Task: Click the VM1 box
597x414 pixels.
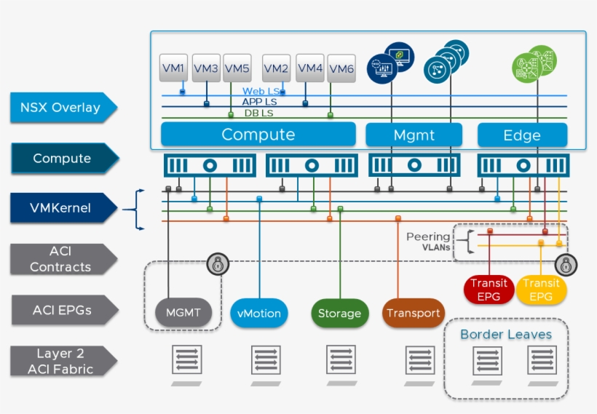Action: click(174, 68)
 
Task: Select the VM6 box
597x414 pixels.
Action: click(341, 69)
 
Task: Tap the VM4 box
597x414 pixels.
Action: click(310, 68)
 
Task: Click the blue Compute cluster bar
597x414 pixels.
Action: click(258, 135)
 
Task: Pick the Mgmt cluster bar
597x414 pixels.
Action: click(414, 135)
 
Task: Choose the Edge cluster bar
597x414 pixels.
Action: click(522, 135)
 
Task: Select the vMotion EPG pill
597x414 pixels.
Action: click(259, 314)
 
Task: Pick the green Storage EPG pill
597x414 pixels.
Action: click(339, 314)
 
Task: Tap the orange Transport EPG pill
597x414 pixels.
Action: click(413, 313)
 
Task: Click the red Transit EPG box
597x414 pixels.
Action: click(489, 290)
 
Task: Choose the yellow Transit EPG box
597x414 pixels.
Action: click(541, 290)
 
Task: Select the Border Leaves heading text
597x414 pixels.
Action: click(506, 335)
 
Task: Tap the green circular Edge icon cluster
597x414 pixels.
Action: click(534, 63)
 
